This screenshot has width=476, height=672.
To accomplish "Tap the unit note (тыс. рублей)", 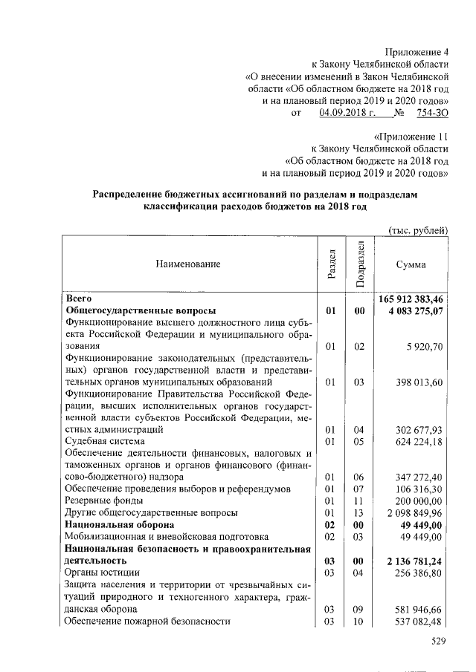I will (x=418, y=230).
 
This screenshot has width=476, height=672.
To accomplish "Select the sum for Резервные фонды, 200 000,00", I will (x=420, y=501).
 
